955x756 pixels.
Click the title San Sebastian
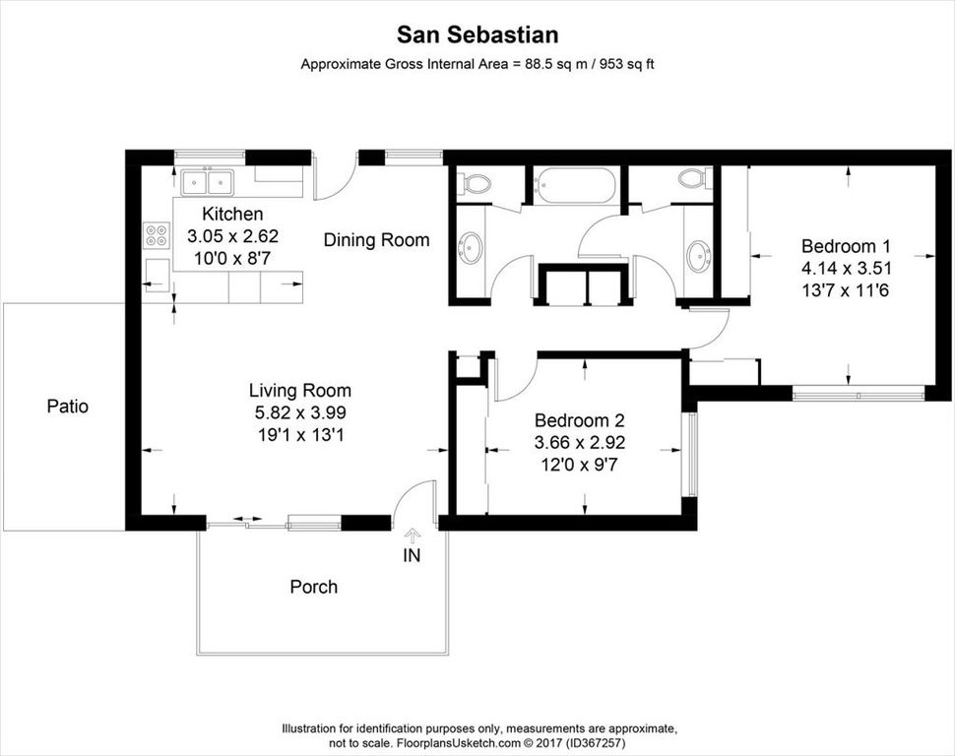click(x=477, y=35)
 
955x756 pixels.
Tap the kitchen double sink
click(x=207, y=182)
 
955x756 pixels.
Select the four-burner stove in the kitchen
click(x=157, y=234)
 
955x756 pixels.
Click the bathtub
click(x=575, y=184)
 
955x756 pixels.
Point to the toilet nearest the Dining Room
click(x=477, y=183)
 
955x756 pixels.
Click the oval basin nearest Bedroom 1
click(x=698, y=256)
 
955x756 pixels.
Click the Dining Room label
click(x=376, y=239)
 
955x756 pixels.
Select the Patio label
click(x=68, y=406)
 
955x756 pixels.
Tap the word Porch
click(x=313, y=588)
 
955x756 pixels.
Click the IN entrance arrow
click(x=412, y=533)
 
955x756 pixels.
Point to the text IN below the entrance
click(x=412, y=556)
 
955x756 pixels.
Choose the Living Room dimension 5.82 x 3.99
click(x=299, y=412)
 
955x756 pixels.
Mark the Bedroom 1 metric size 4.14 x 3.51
click(x=846, y=268)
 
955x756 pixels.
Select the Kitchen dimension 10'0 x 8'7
click(x=232, y=258)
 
